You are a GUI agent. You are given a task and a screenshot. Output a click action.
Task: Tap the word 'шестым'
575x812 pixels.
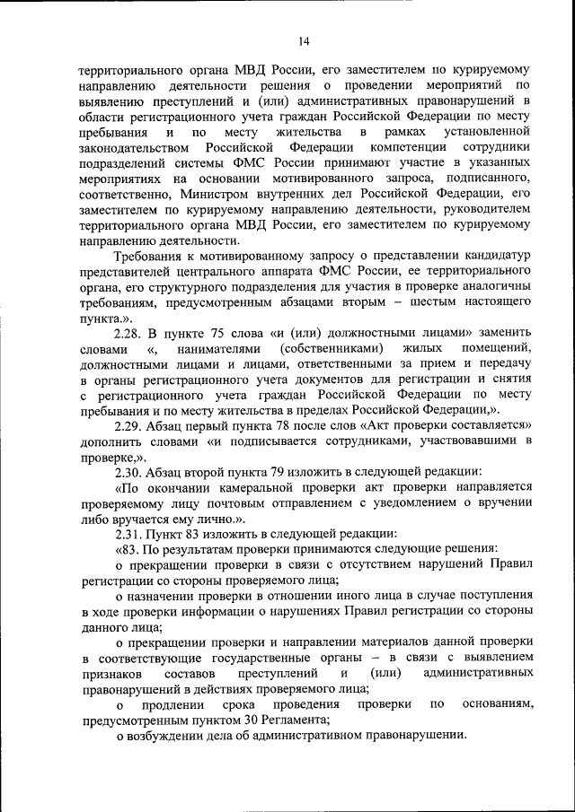pos(423,303)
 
